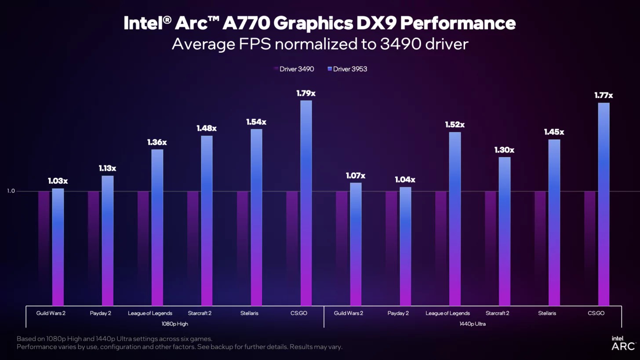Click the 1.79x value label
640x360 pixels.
pyautogui.click(x=306, y=93)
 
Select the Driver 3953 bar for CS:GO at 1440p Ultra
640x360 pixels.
pyautogui.click(x=604, y=204)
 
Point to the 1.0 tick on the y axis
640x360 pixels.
pyautogui.click(x=11, y=191)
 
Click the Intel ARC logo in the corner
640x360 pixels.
pyautogui.click(x=623, y=343)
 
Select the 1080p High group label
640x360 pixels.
pyautogui.click(x=175, y=324)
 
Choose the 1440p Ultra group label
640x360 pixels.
pyautogui.click(x=473, y=324)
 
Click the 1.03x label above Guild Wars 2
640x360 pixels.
pyautogui.click(x=58, y=181)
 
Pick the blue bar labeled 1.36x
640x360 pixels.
pyautogui.click(x=157, y=228)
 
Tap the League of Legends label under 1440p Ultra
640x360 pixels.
pyautogui.click(x=447, y=313)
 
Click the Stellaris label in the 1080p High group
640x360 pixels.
pyautogui.click(x=249, y=313)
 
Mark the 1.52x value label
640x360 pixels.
pyautogui.click(x=455, y=125)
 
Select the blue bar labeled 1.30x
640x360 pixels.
pyautogui.click(x=505, y=231)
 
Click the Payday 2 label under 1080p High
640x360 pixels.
pyautogui.click(x=100, y=313)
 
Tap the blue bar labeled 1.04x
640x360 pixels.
pyautogui.click(x=405, y=246)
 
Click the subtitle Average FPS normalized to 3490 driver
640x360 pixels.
pyautogui.click(x=320, y=44)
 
